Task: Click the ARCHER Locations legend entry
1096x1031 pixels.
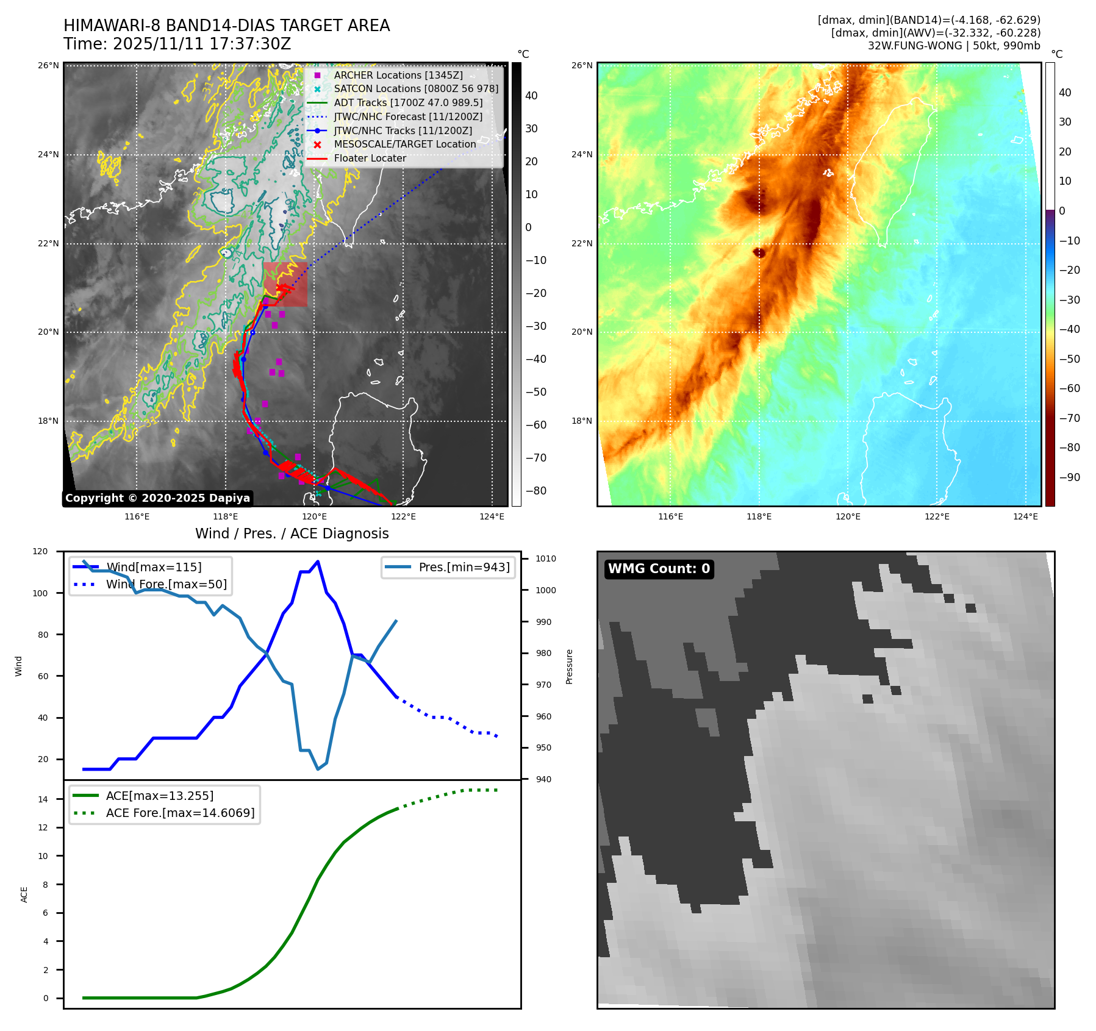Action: [398, 75]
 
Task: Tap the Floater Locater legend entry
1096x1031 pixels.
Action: [370, 159]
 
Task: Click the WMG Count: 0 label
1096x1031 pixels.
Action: [659, 569]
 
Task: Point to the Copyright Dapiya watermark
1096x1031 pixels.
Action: [157, 498]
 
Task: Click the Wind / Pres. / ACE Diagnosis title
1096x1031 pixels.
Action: [292, 533]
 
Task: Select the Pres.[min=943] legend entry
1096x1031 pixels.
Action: [464, 567]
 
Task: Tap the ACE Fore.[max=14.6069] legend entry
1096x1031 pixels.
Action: [180, 813]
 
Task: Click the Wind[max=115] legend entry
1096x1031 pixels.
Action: [154, 567]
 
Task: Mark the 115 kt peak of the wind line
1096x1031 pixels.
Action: [318, 562]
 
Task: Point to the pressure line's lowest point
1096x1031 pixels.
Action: [318, 769]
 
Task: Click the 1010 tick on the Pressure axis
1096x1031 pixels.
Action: [546, 558]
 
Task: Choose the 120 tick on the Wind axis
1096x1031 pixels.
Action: [40, 551]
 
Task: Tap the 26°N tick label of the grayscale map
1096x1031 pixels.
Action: [49, 65]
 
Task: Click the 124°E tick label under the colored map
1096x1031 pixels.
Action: [1025, 516]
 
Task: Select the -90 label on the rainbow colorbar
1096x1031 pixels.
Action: [1069, 477]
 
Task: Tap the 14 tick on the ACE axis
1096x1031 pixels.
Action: [43, 799]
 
